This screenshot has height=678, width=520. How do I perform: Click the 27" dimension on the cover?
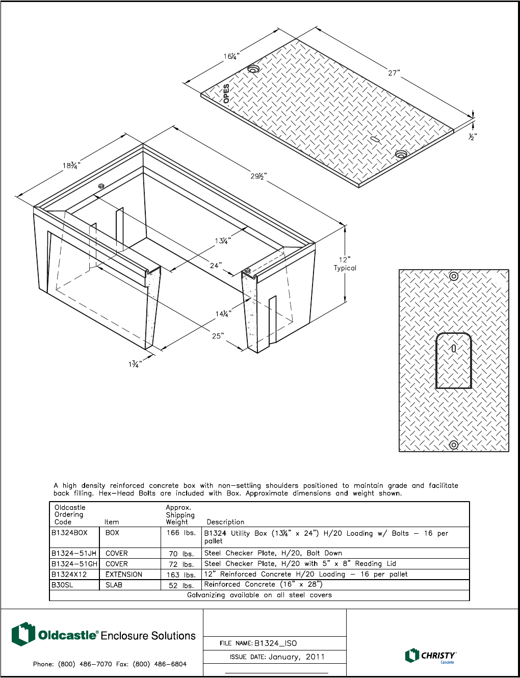[x=393, y=73]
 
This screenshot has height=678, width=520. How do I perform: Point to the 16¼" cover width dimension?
[x=231, y=56]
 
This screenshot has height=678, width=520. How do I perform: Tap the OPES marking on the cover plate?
[x=226, y=94]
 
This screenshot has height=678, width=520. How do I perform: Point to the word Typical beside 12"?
[x=345, y=268]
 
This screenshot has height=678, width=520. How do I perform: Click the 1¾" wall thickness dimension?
[x=135, y=364]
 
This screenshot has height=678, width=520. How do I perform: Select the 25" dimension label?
[x=218, y=336]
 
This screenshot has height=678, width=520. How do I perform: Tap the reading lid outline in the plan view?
[x=453, y=360]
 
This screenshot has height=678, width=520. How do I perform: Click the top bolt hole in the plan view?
[x=454, y=276]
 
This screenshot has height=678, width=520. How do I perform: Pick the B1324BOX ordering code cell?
[x=69, y=533]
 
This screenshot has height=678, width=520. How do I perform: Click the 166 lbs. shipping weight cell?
[x=181, y=533]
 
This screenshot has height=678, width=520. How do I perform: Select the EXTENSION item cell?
[x=124, y=575]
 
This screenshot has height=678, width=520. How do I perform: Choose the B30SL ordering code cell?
[x=62, y=585]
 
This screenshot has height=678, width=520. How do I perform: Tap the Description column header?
[x=225, y=522]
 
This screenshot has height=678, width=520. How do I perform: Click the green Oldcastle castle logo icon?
[x=23, y=634]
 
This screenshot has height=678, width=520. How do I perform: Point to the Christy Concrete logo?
[x=430, y=656]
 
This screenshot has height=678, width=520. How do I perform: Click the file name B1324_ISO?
[x=275, y=643]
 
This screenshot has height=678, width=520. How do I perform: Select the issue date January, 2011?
[x=297, y=657]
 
